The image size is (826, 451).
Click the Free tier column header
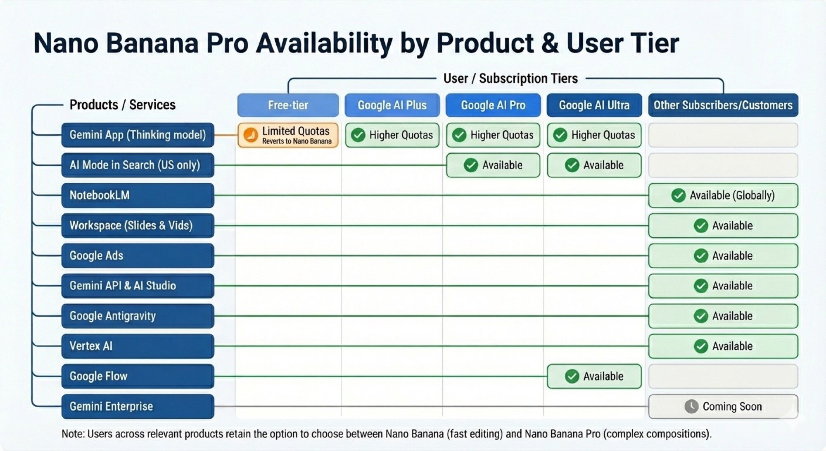click(288, 105)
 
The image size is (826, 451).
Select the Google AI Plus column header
click(392, 105)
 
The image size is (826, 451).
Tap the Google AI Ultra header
click(594, 105)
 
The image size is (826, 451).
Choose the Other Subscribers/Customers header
click(723, 105)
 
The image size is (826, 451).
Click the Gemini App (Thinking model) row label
click(138, 135)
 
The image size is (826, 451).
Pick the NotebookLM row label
click(138, 195)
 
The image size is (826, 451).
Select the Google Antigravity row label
click(138, 316)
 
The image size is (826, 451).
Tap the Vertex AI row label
click(138, 346)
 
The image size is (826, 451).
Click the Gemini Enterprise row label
click(138, 406)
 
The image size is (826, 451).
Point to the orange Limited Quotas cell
click(288, 135)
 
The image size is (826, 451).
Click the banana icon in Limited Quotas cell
click(251, 135)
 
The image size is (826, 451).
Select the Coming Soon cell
click(723, 406)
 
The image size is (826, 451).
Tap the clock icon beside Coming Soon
click(691, 406)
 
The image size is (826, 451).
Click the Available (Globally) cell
click(723, 195)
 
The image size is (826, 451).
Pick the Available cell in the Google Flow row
click(594, 376)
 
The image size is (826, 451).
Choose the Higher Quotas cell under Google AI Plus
click(392, 135)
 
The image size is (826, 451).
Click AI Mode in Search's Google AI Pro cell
click(493, 165)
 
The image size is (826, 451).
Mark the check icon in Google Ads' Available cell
click(700, 256)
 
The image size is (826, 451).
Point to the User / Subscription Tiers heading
click(510, 78)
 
